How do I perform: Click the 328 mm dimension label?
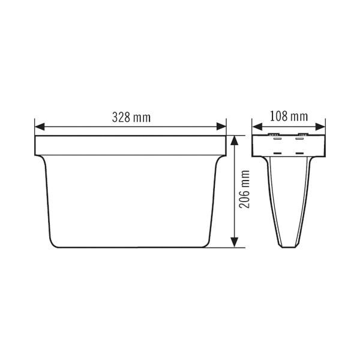pyautogui.click(x=131, y=117)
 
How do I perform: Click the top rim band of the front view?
pyautogui.click(x=131, y=145)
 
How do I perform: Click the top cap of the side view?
pyautogui.click(x=289, y=144)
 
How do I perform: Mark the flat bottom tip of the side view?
pyautogui.click(x=289, y=247)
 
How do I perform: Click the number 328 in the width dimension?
pyautogui.click(x=122, y=117)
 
